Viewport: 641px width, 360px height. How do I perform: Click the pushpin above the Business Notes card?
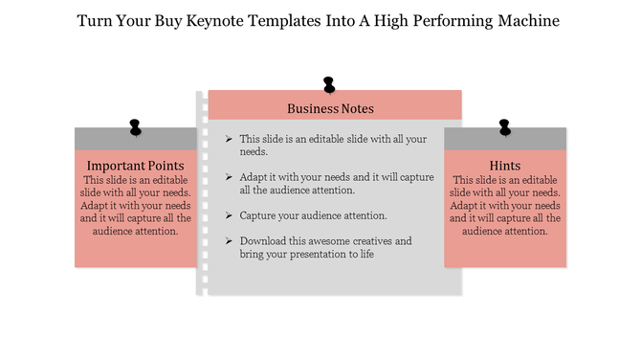coord(329,85)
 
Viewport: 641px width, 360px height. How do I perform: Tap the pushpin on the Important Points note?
coord(135,126)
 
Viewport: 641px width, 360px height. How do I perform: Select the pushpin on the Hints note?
coord(504,126)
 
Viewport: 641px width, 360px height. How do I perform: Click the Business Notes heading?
coord(330,108)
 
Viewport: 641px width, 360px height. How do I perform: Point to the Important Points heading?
coord(135,166)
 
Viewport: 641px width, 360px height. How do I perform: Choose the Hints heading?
coord(505,166)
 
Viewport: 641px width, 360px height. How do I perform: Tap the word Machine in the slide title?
coord(527,19)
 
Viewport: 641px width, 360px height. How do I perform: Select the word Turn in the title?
coord(94,19)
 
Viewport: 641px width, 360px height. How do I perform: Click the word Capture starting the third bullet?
coord(260,215)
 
